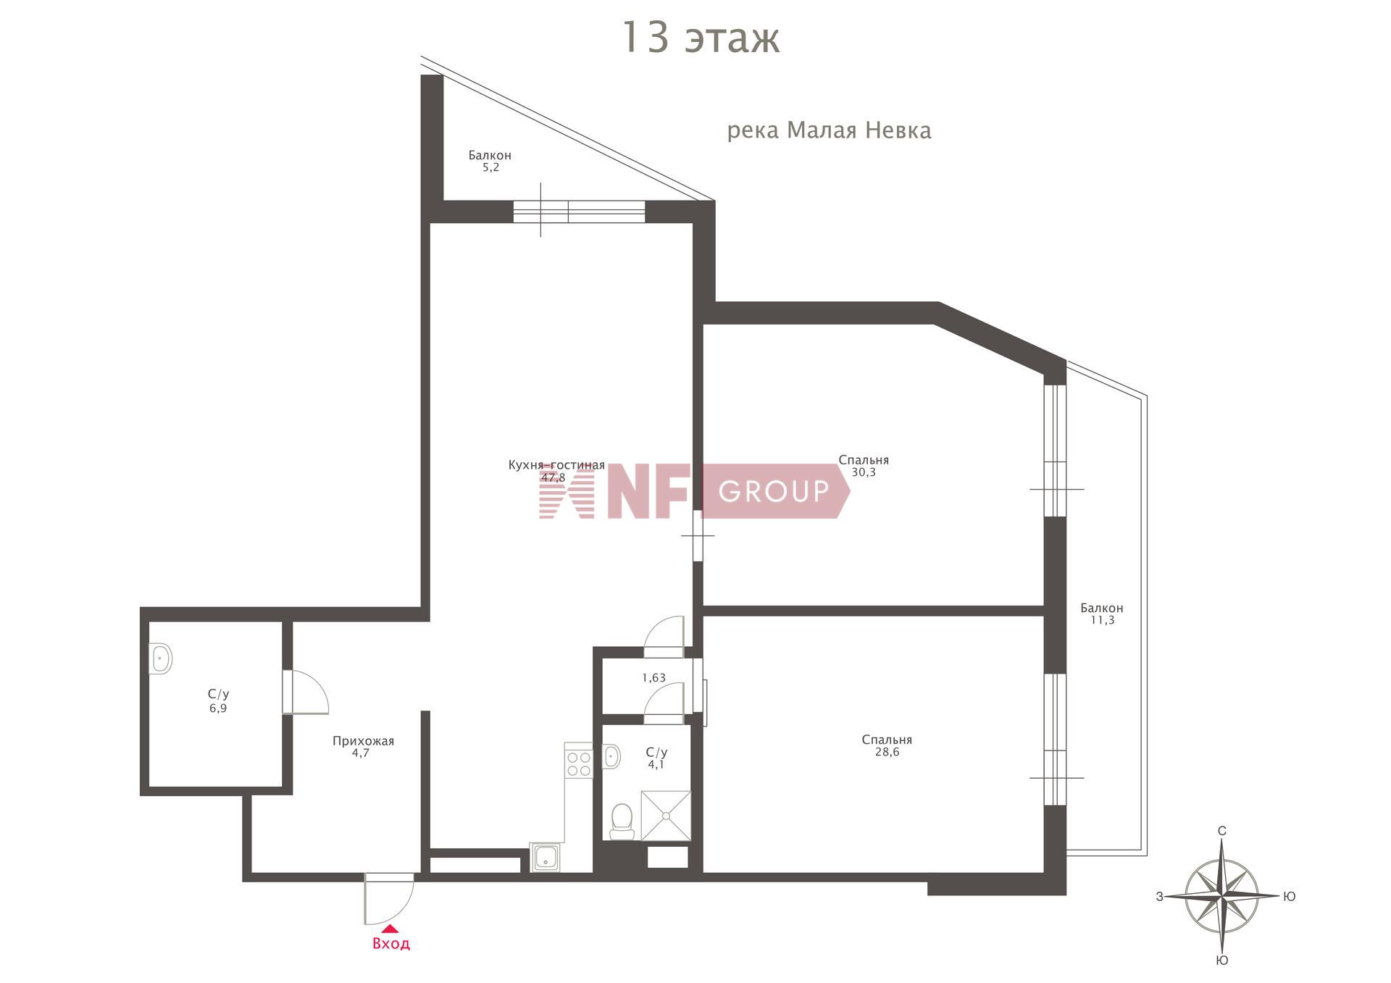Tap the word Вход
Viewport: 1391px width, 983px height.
point(391,944)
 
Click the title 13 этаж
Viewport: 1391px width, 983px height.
point(701,38)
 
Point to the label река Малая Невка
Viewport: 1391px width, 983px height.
point(830,130)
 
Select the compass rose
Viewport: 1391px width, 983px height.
point(1222,897)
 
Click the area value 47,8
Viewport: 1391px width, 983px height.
point(553,477)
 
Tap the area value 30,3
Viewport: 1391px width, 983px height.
point(864,472)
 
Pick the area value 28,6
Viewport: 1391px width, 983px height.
point(887,752)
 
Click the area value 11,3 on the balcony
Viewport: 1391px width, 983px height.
point(1102,620)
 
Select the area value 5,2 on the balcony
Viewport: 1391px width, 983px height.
point(490,167)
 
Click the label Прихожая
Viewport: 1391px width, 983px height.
point(363,740)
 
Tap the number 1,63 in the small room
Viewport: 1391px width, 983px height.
point(653,678)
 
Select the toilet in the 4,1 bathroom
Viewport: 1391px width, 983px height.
point(622,821)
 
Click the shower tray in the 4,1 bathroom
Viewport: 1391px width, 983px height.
point(665,816)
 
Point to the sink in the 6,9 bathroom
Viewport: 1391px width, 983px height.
point(160,658)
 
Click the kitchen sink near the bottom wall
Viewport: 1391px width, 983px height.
point(545,858)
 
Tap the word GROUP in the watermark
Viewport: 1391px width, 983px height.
point(774,491)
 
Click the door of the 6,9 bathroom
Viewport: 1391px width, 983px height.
point(305,692)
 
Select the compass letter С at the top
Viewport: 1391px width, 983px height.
point(1222,831)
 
